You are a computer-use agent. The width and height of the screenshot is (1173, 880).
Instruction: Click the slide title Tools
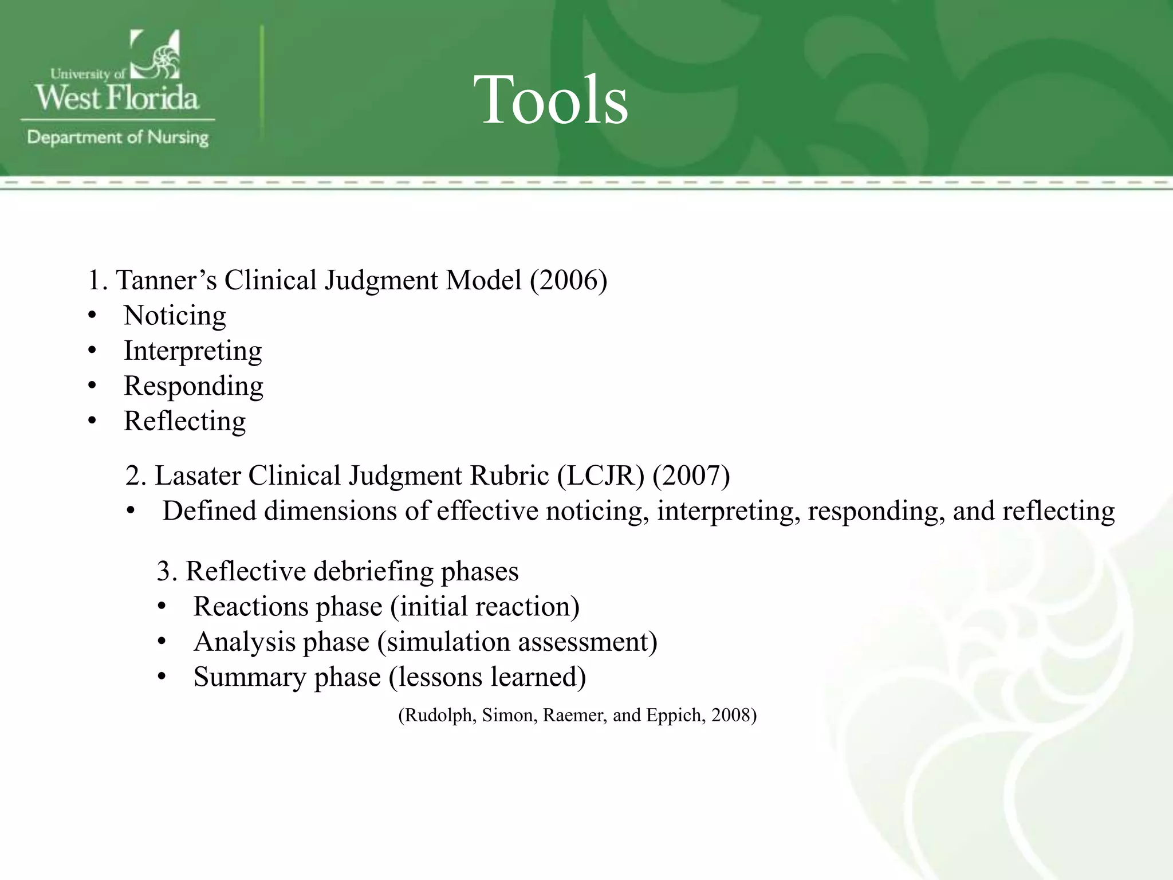click(550, 100)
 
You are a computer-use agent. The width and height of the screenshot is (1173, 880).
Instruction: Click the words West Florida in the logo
click(117, 97)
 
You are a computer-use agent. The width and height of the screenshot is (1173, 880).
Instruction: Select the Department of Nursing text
click(118, 137)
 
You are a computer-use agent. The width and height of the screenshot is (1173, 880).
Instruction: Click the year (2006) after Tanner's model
click(568, 280)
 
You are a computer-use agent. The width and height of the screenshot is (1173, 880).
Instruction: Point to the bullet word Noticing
click(175, 316)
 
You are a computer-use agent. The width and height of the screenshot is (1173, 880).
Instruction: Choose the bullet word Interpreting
click(193, 351)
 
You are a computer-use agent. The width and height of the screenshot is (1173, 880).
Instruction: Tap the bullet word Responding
click(194, 386)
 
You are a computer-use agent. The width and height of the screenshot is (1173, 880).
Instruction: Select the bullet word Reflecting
click(184, 421)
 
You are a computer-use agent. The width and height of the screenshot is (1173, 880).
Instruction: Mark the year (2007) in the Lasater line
click(691, 476)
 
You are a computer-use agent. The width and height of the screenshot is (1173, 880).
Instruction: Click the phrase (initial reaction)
click(485, 607)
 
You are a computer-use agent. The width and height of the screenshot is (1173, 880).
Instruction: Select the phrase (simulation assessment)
click(517, 642)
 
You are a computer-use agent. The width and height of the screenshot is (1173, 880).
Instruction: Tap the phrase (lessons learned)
click(487, 677)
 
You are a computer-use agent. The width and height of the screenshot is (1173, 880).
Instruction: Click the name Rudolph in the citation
click(438, 715)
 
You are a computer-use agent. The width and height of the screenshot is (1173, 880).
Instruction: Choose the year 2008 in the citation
click(730, 715)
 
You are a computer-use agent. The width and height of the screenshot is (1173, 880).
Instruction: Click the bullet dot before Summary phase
click(162, 677)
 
